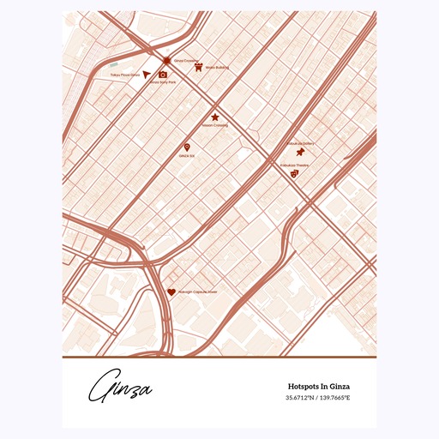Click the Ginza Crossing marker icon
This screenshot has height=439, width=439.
click(167, 61)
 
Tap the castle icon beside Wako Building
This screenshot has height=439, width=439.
click(198, 66)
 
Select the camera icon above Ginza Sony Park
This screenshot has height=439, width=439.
click(163, 75)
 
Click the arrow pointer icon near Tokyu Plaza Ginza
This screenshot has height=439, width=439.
click(147, 75)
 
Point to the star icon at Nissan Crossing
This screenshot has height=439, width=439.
click(214, 117)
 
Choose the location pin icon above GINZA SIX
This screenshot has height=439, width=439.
click(187, 147)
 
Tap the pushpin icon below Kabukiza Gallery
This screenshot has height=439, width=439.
click(299, 152)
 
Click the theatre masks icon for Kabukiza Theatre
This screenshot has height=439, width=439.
click(294, 173)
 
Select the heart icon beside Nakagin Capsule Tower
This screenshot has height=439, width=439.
click(171, 292)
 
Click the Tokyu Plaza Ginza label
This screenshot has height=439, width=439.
click(124, 75)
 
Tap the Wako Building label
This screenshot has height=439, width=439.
click(217, 67)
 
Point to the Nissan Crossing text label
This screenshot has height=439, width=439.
click(214, 125)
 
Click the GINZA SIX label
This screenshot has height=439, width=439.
click(187, 156)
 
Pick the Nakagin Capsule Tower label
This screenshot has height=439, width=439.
click(197, 292)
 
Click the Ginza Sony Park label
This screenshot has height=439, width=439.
click(163, 82)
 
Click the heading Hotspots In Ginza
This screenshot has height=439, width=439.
click(318, 387)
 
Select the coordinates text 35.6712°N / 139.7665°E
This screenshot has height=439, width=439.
click(318, 398)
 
